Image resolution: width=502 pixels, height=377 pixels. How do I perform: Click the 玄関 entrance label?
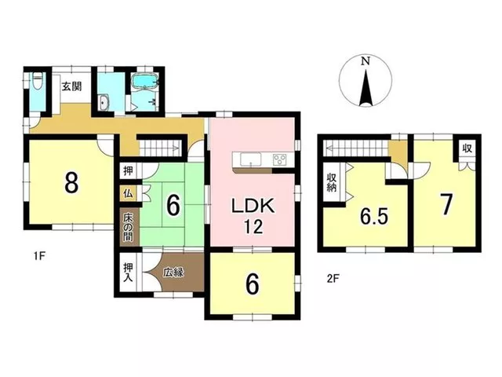[x=71, y=86]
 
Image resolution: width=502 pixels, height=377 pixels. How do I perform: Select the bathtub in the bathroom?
[x=145, y=80]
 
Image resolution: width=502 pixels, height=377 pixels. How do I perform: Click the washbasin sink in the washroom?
[x=104, y=102]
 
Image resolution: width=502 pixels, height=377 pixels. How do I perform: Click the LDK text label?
[x=253, y=206]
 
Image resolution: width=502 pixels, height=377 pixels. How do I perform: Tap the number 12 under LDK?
[x=254, y=227]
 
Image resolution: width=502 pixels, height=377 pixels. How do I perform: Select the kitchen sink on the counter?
[x=251, y=159]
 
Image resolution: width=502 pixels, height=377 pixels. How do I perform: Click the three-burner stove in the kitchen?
[x=280, y=159]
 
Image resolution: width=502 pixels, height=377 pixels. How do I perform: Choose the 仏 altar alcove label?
[x=128, y=194]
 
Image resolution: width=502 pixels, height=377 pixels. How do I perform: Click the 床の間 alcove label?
[x=128, y=228]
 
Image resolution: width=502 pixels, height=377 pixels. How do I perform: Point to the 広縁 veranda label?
[x=173, y=273]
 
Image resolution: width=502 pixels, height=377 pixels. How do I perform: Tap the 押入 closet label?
[x=128, y=273]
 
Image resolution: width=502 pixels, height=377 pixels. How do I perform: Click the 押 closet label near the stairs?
[x=128, y=171]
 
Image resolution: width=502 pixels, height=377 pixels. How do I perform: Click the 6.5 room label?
[x=374, y=217]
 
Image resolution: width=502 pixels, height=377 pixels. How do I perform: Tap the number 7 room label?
[x=446, y=205]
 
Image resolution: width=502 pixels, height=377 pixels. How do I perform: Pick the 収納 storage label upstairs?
[x=331, y=182]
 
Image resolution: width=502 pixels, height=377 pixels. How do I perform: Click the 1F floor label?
[x=40, y=256]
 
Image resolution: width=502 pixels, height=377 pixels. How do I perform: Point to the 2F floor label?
[x=333, y=278]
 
